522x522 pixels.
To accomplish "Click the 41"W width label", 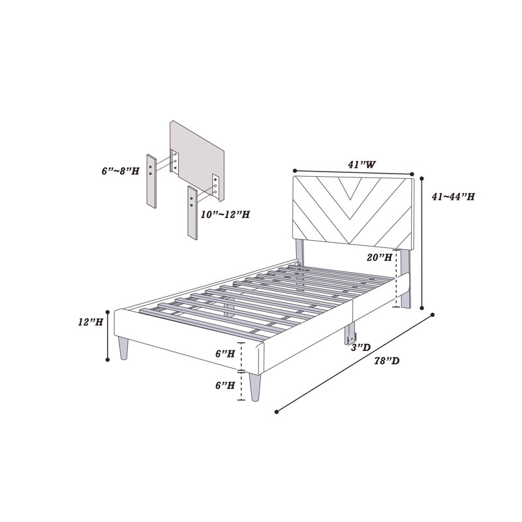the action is (x=361, y=164).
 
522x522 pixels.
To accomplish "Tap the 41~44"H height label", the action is (x=453, y=197).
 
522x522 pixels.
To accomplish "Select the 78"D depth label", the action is (x=387, y=361).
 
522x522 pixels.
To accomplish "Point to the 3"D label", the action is (x=361, y=348).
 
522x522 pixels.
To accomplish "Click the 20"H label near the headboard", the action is (x=380, y=257).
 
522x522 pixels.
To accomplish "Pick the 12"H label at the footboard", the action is (x=91, y=322).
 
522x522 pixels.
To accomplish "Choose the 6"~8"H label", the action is (x=121, y=171).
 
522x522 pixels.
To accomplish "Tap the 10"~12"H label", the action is (x=225, y=215).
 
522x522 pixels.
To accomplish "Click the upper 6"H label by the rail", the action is (x=225, y=354).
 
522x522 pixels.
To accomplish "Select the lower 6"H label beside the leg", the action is (x=225, y=385).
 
